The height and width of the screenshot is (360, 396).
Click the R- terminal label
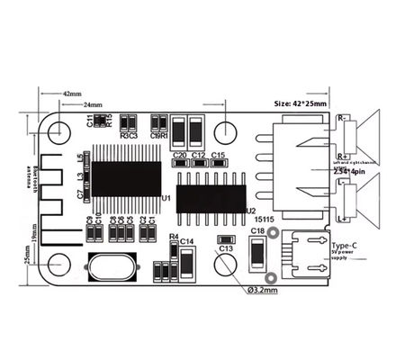343,118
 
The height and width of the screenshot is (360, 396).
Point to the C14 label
187,241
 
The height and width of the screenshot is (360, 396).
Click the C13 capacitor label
226,248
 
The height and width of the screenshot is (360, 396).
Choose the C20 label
179,155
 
